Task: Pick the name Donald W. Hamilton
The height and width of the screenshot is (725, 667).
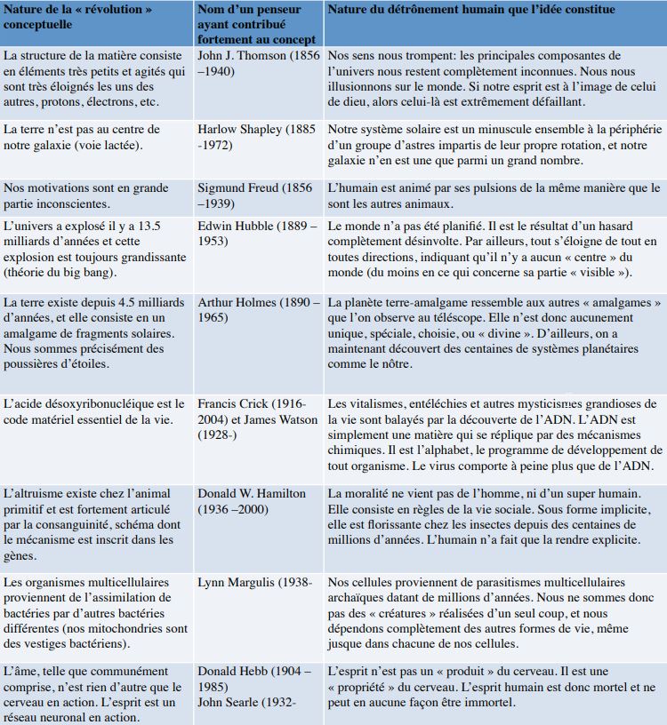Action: (x=252, y=493)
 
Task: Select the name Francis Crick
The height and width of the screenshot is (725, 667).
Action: (x=230, y=403)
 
